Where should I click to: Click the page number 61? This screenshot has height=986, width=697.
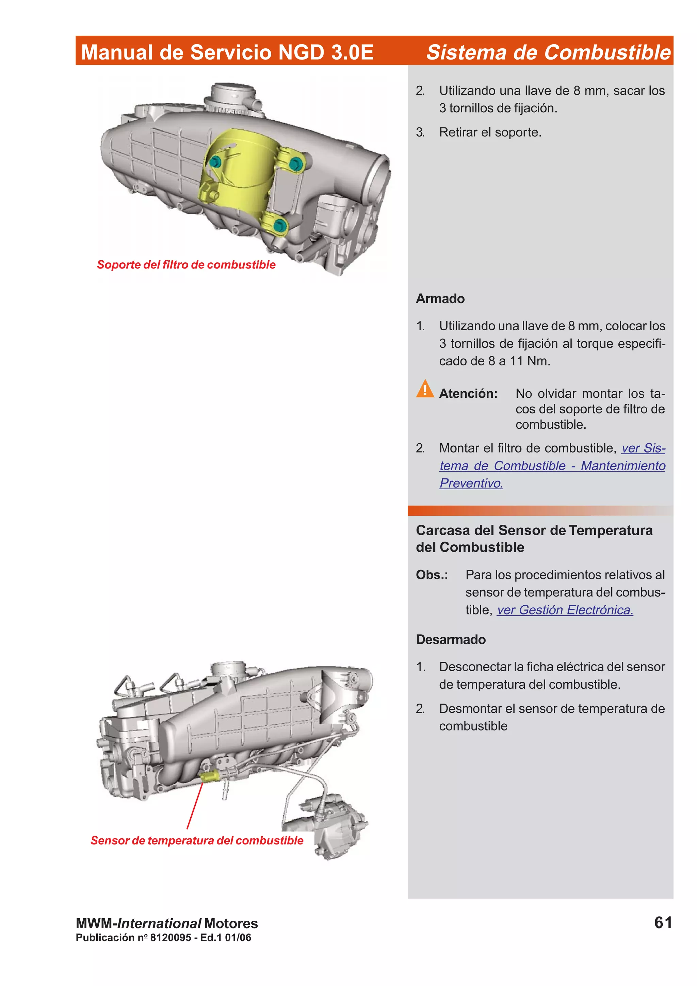[663, 922]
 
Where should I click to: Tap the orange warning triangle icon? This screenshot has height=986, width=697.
[425, 389]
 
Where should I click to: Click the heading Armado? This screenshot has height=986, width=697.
[440, 298]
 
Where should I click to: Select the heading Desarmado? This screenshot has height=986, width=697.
[451, 639]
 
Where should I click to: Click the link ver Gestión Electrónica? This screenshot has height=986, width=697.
[565, 610]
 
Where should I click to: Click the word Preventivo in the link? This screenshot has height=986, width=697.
[471, 483]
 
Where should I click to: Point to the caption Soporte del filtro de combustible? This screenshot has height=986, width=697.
[186, 265]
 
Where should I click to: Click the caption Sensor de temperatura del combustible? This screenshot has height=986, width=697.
[197, 840]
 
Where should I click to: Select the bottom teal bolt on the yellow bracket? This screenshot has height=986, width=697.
[279, 225]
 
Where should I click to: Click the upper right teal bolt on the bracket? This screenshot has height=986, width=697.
[295, 164]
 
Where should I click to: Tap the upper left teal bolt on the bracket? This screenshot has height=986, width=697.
[215, 162]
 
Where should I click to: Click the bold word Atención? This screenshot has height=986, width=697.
[468, 393]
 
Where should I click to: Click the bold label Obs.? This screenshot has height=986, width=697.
[432, 575]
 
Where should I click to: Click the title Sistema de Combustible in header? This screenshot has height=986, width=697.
[548, 52]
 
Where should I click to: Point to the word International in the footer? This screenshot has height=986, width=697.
[159, 923]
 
